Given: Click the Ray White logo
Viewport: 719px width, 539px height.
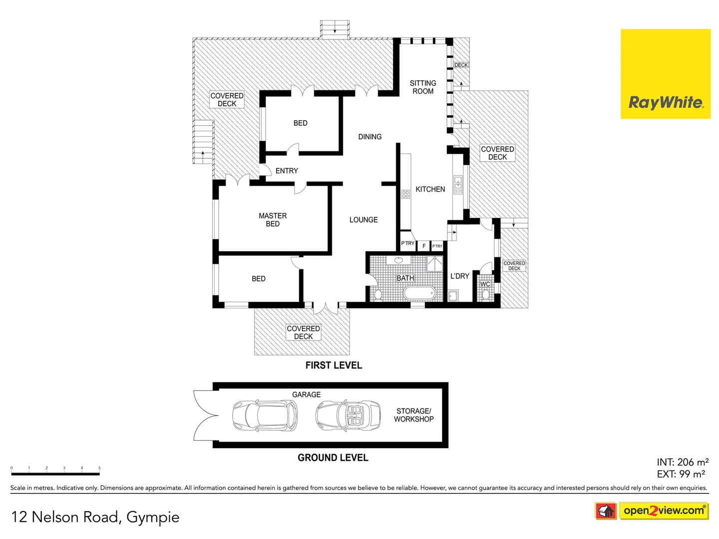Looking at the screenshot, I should click(665, 74).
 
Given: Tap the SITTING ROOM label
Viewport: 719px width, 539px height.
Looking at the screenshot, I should click(423, 87).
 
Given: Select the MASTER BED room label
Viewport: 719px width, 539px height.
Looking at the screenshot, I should click(273, 220).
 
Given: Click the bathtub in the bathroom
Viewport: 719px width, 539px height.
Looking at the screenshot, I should click(419, 293).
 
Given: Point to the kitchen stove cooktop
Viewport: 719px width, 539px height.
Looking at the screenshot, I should click(405, 194).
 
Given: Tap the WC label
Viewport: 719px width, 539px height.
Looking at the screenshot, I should click(485, 284).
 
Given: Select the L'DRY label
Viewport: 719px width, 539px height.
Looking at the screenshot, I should click(459, 276).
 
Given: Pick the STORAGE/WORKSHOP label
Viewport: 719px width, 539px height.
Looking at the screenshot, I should click(413, 415).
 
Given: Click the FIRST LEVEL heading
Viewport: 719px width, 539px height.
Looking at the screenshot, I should click(334, 365).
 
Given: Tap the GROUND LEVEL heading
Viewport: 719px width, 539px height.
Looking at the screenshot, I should click(333, 458).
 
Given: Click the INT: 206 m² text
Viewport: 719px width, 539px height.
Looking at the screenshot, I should click(682, 462).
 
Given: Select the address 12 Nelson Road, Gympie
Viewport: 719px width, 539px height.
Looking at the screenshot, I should click(95, 517).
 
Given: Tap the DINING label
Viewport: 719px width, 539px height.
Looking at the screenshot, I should click(369, 137).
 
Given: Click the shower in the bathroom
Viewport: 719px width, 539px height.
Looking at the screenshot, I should click(435, 264).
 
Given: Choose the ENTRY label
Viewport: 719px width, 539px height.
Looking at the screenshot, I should click(287, 171).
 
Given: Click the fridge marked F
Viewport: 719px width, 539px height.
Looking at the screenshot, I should click(424, 246).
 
